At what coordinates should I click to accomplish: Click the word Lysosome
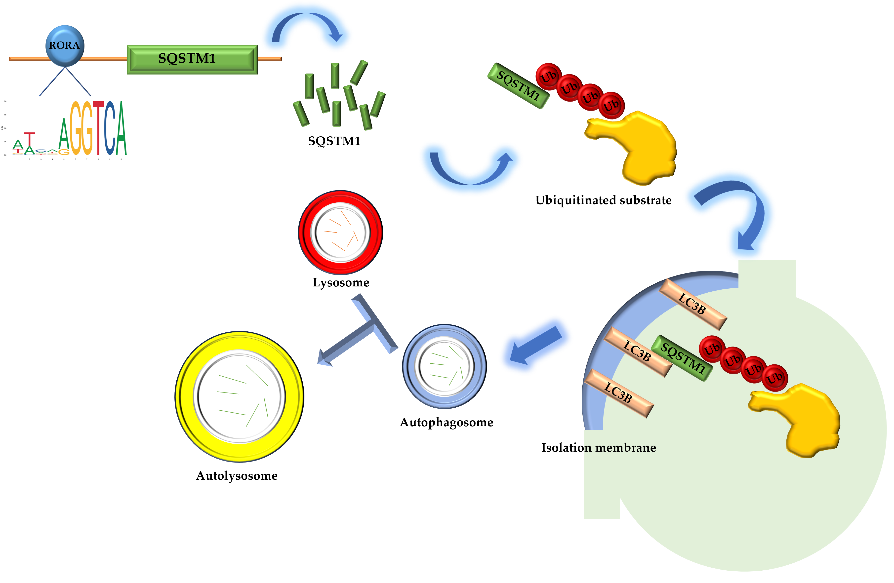[x=341, y=283]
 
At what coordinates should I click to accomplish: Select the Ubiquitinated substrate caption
[x=603, y=200]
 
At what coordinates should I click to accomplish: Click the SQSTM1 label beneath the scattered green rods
[x=334, y=141]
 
